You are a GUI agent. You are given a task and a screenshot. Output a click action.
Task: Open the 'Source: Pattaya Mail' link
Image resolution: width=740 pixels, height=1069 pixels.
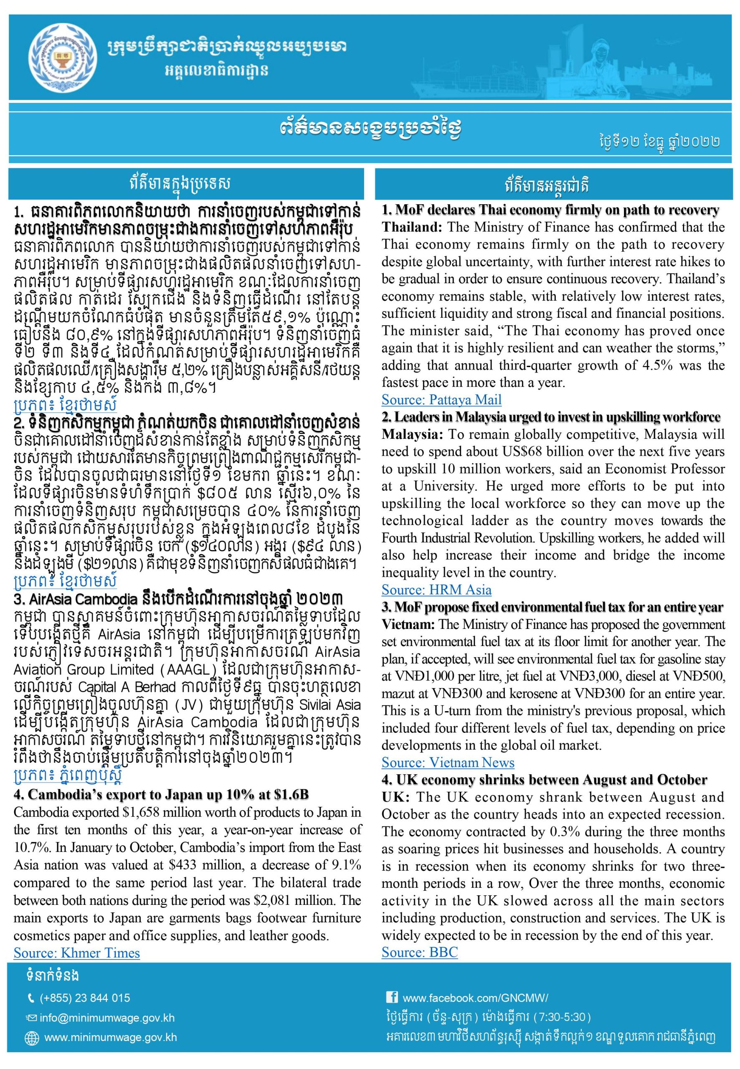[441, 400]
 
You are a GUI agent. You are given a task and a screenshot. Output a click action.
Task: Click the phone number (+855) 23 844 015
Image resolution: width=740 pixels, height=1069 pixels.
[85, 998]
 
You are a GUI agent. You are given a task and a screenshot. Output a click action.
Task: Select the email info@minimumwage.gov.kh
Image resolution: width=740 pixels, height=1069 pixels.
[107, 1018]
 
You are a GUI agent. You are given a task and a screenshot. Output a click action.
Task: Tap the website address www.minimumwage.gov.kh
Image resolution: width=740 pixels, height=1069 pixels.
[111, 1038]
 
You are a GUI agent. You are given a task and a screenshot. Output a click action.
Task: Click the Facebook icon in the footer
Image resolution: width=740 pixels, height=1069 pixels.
[391, 997]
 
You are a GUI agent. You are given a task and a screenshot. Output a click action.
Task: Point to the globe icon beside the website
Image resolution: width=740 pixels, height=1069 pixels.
[31, 1039]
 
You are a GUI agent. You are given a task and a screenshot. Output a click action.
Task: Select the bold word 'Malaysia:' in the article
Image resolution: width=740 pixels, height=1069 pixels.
[412, 435]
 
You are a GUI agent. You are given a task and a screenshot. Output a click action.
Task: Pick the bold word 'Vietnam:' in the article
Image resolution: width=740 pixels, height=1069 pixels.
[408, 624]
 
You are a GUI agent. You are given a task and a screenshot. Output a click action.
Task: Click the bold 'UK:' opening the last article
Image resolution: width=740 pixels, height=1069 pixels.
[395, 797]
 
